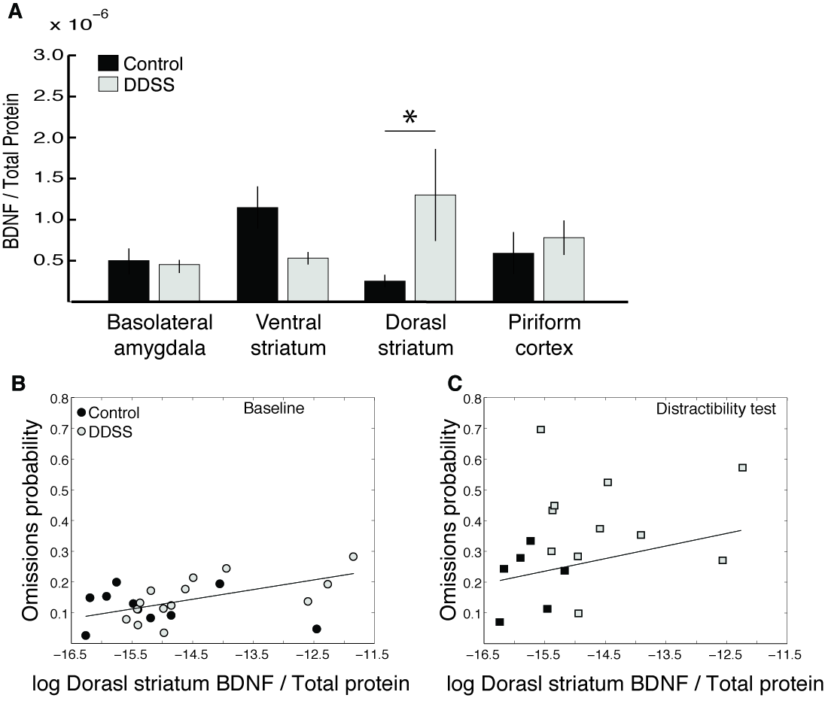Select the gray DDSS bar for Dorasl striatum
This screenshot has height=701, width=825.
click(435, 248)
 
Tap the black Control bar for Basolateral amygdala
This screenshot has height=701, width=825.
click(129, 281)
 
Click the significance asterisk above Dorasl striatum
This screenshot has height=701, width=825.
click(409, 117)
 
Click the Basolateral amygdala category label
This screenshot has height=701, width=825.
click(160, 335)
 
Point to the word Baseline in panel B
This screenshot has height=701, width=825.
click(268, 408)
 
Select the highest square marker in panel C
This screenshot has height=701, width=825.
click(540, 429)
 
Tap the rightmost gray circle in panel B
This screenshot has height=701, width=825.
click(353, 557)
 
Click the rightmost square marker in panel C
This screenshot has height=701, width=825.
click(742, 468)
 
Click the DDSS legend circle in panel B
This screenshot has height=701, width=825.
click(81, 431)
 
